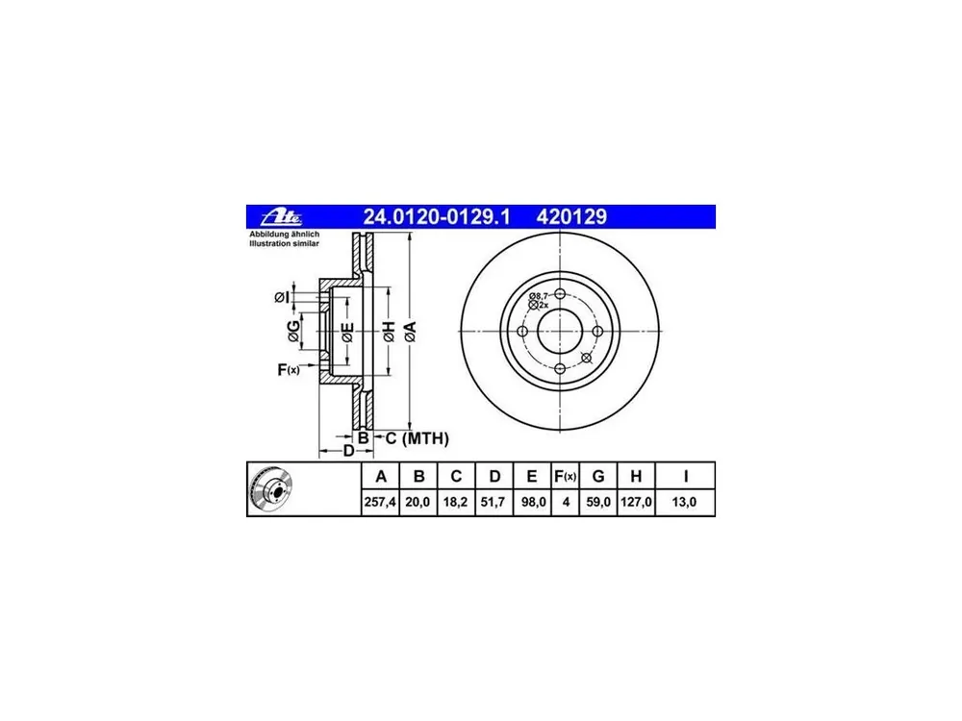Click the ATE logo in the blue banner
click(x=282, y=217)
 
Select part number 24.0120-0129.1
click(x=437, y=217)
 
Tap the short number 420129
click(x=571, y=217)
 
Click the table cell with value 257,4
click(x=380, y=502)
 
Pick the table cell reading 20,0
click(x=418, y=502)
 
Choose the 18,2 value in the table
click(x=455, y=502)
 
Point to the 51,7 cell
click(x=494, y=502)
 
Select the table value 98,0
click(x=532, y=502)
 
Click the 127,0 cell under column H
click(x=636, y=502)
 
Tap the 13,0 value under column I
click(x=685, y=502)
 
